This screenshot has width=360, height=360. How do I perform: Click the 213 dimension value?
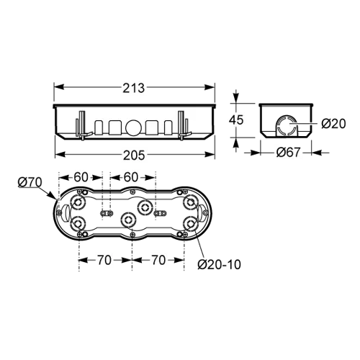[134, 88]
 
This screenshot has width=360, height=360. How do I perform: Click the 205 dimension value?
[134, 155]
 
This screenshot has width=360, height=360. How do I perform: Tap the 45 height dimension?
[236, 120]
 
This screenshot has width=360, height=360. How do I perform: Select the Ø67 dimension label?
[288, 152]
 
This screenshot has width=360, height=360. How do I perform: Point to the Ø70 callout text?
[30, 182]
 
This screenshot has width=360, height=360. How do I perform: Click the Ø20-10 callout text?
[219, 264]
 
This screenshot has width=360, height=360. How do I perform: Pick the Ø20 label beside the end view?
[333, 124]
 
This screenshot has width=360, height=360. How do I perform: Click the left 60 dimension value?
[81, 177]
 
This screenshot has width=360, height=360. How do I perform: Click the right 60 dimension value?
[131, 177]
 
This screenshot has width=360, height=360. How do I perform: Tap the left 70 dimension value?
[104, 260]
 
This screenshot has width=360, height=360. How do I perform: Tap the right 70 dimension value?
[158, 260]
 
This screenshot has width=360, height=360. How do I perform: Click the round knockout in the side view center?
[134, 127]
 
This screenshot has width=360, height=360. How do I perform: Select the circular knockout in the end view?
[287, 125]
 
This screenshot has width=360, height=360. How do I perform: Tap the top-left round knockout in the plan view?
[77, 204]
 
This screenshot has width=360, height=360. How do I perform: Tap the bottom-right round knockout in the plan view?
[190, 223]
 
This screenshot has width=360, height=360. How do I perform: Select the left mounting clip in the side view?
[82, 125]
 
